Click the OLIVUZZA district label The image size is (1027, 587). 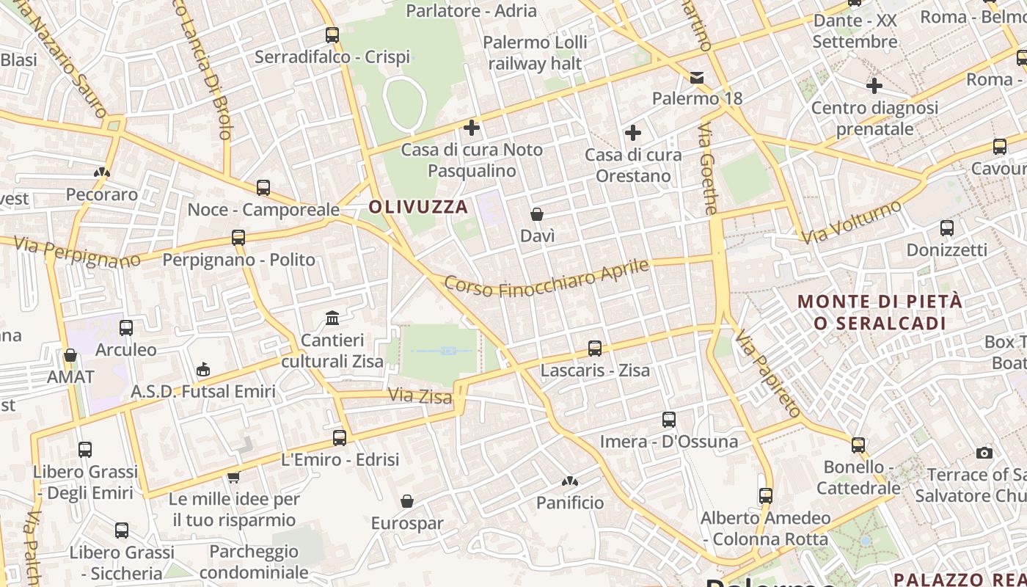[418, 207]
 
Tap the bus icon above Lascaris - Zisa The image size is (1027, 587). [595, 349]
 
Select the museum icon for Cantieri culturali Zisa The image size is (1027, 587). [332, 318]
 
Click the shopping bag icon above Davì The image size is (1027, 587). [537, 214]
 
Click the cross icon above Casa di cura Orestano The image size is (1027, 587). [632, 133]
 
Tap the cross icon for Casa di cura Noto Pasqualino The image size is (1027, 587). [472, 128]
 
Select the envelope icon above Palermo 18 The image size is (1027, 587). [696, 77]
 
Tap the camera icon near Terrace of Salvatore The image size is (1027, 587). [984, 453]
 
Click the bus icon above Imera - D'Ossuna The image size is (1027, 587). [668, 420]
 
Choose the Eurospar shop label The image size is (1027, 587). [407, 523]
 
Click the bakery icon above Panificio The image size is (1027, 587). [570, 481]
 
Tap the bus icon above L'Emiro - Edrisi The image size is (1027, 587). [340, 438]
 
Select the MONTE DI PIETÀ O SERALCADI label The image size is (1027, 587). [880, 312]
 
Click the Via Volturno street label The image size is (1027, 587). [851, 222]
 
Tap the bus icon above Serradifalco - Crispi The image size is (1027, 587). [332, 34]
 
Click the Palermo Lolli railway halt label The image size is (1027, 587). [535, 53]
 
